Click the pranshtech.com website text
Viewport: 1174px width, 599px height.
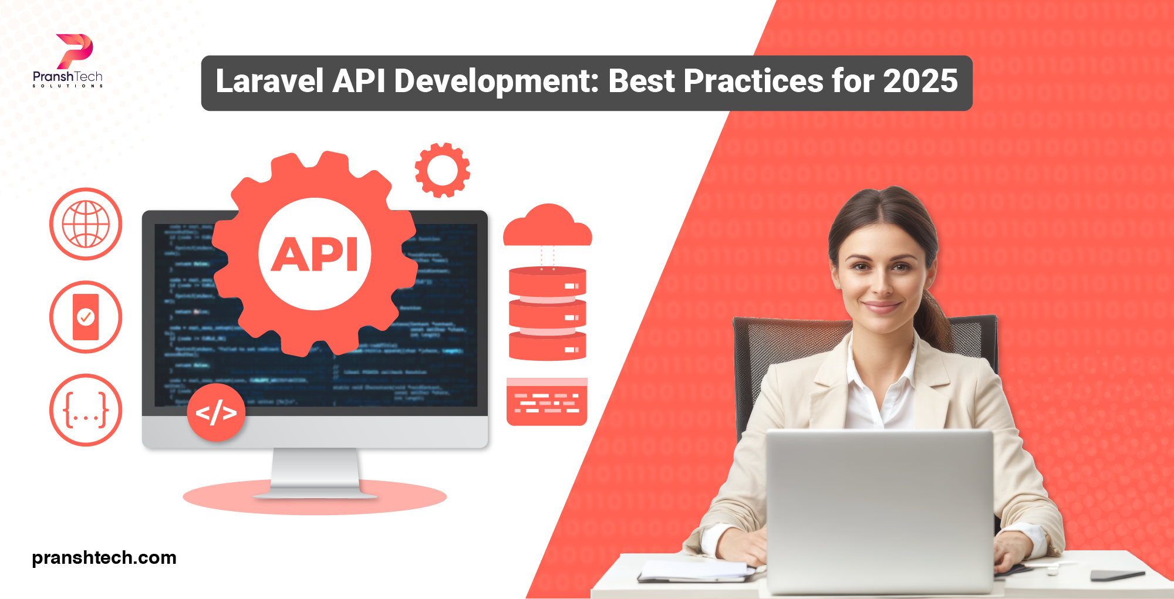(104, 557)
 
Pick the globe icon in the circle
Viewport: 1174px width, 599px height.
(86, 224)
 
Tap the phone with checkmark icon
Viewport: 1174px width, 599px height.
(86, 317)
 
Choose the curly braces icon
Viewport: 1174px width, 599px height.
(86, 410)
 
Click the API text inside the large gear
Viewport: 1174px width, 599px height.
(315, 255)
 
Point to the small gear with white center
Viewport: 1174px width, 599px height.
(442, 170)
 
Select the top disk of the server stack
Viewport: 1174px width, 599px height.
(547, 282)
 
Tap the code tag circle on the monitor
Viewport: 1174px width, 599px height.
(216, 412)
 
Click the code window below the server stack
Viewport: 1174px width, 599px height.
(546, 402)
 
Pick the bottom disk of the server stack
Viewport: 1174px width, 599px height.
(547, 347)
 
